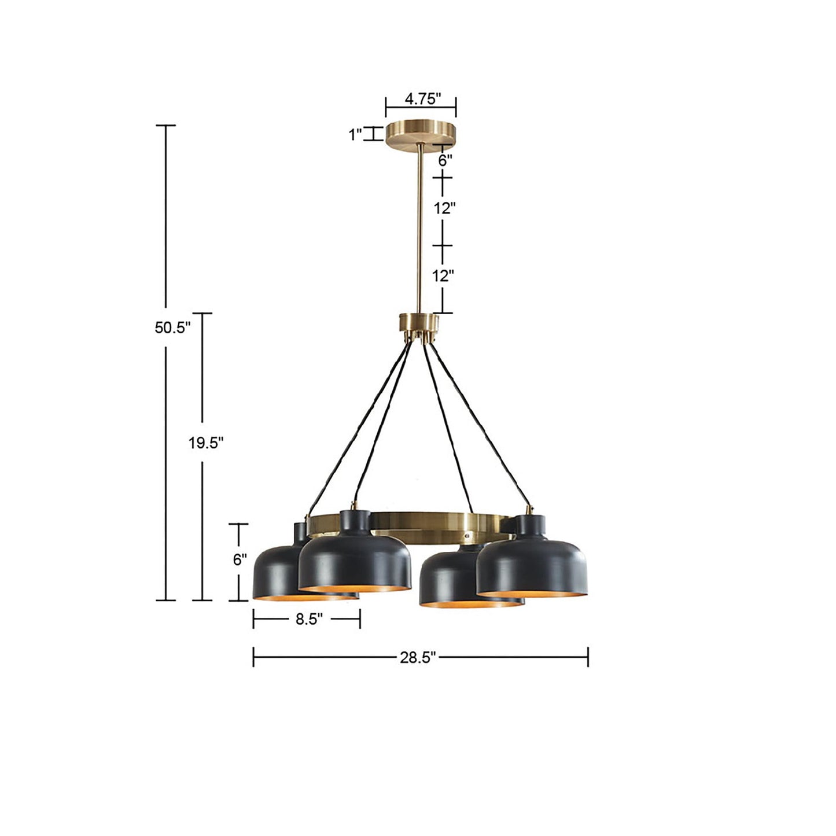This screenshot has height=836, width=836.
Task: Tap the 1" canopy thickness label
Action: click(355, 135)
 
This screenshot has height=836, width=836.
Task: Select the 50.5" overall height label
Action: click(172, 327)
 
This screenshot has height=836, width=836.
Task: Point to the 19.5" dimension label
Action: click(205, 443)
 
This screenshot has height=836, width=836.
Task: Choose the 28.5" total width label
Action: click(417, 658)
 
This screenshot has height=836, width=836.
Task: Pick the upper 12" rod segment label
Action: click(445, 208)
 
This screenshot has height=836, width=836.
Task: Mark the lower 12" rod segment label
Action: click(445, 276)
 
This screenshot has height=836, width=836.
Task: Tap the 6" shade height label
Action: click(240, 559)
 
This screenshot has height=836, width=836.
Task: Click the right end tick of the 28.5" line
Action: click(588, 657)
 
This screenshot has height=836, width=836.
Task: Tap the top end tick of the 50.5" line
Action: click(166, 125)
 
